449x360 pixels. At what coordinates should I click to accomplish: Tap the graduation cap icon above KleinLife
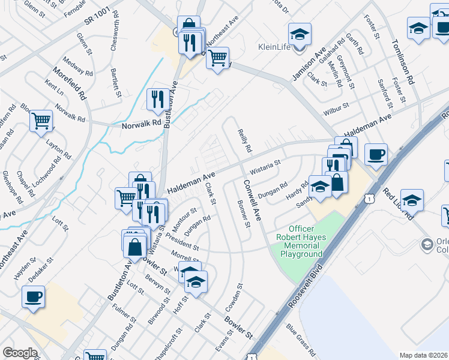pyautogui.click(x=300, y=33)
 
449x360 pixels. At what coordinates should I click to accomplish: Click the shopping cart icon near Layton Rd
pyautogui.click(x=41, y=120)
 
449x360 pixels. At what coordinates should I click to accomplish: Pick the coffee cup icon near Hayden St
pyautogui.click(x=34, y=296)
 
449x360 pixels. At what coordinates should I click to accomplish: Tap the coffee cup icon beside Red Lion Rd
pyautogui.click(x=376, y=154)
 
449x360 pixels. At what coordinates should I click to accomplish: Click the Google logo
pyautogui.click(x=20, y=353)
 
